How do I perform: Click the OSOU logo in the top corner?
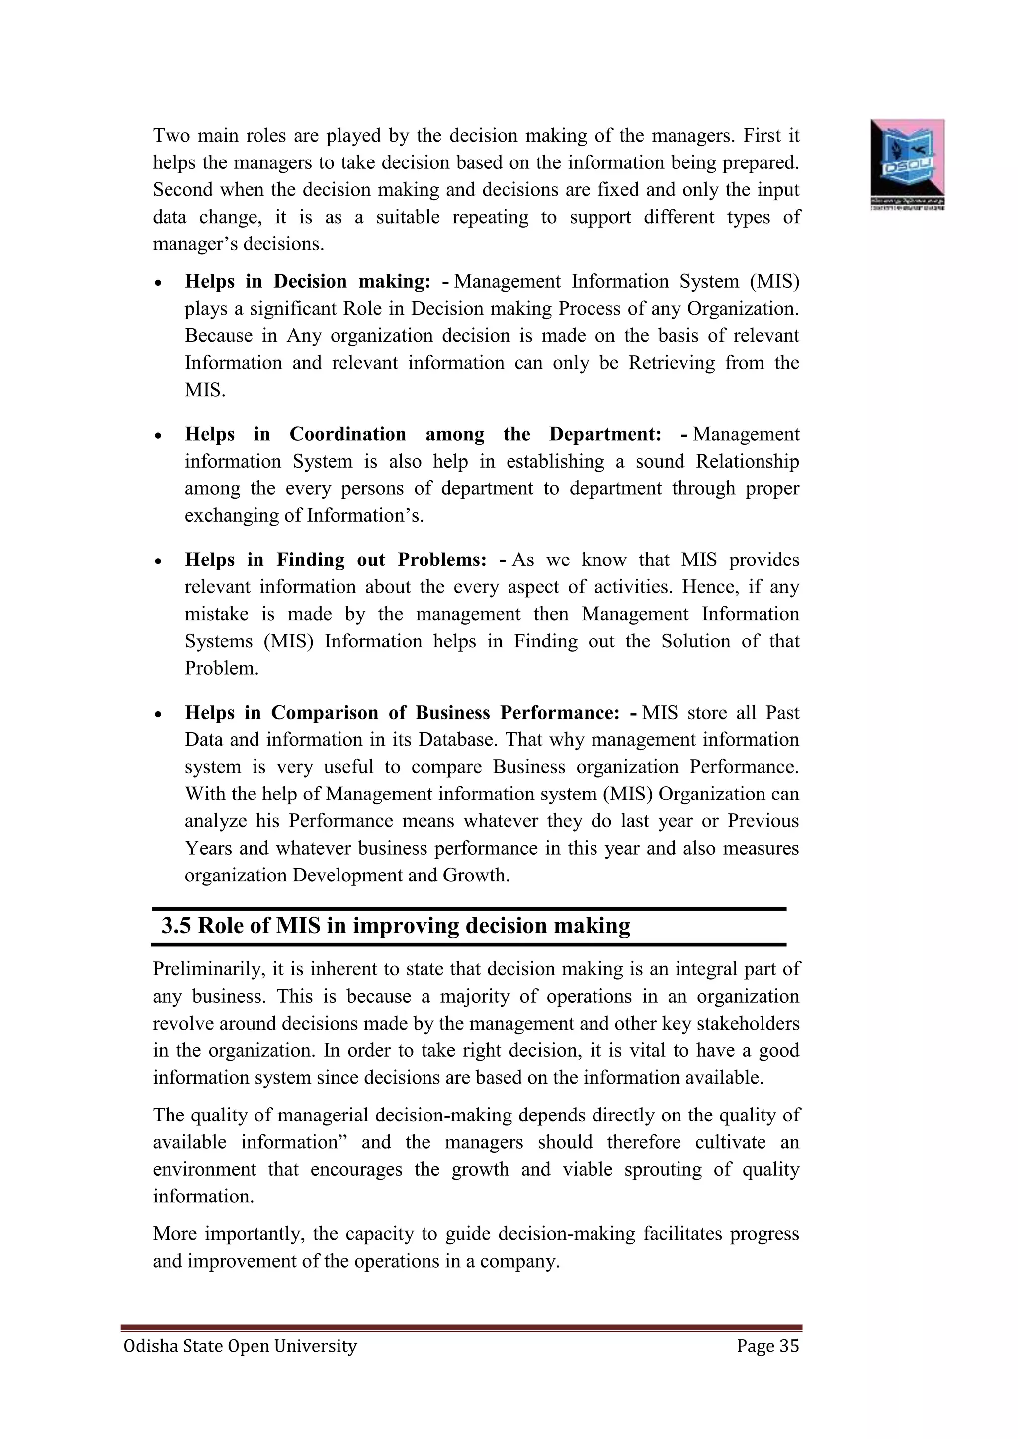click(x=907, y=163)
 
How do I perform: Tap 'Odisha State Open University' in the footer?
click(x=240, y=1346)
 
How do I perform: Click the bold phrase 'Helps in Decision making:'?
click(x=308, y=281)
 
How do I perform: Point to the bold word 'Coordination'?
click(x=347, y=434)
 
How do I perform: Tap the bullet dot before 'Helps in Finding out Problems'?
click(x=159, y=561)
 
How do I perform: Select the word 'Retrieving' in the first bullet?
click(x=672, y=363)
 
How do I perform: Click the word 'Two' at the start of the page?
click(x=171, y=135)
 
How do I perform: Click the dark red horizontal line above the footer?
click(x=461, y=1327)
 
